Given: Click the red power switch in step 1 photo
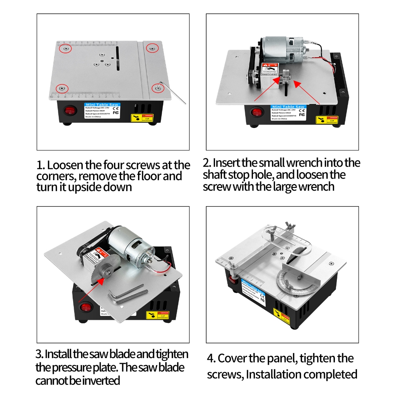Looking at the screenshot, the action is tap(70, 111).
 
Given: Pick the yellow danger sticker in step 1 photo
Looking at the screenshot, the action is tap(143, 118).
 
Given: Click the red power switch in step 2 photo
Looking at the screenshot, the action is tap(256, 113).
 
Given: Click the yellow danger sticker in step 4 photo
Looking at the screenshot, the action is tap(282, 316).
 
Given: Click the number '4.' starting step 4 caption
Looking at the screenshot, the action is tap(211, 358).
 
